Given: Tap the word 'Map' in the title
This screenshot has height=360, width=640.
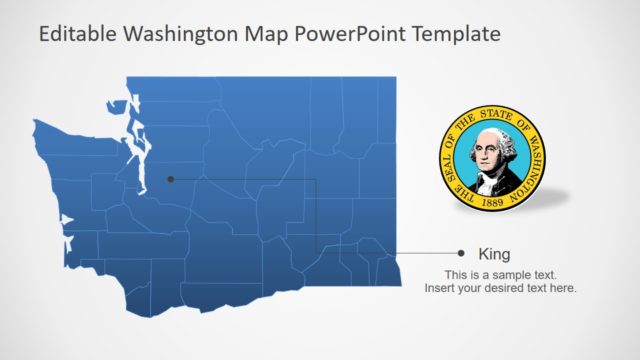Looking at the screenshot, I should pos(260,35).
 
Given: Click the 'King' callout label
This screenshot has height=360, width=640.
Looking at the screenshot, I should pos(494,254).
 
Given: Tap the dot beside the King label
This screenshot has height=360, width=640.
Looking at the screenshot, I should pos(461,254).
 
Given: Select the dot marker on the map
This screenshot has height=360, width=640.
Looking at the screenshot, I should pos(171,180).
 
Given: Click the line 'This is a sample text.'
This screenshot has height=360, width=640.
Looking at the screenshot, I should pos(501,275).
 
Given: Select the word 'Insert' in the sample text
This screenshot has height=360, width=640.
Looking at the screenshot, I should pos(441,289).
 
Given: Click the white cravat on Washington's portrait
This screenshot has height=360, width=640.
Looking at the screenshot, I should pos(491,171).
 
